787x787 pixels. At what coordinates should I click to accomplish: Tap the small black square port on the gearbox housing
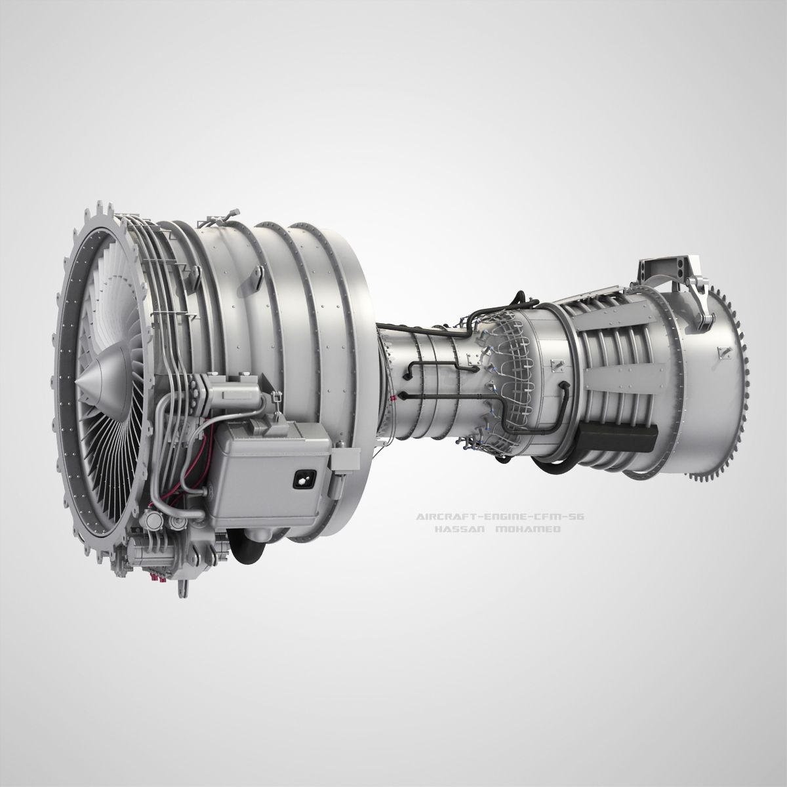point(303,480)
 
